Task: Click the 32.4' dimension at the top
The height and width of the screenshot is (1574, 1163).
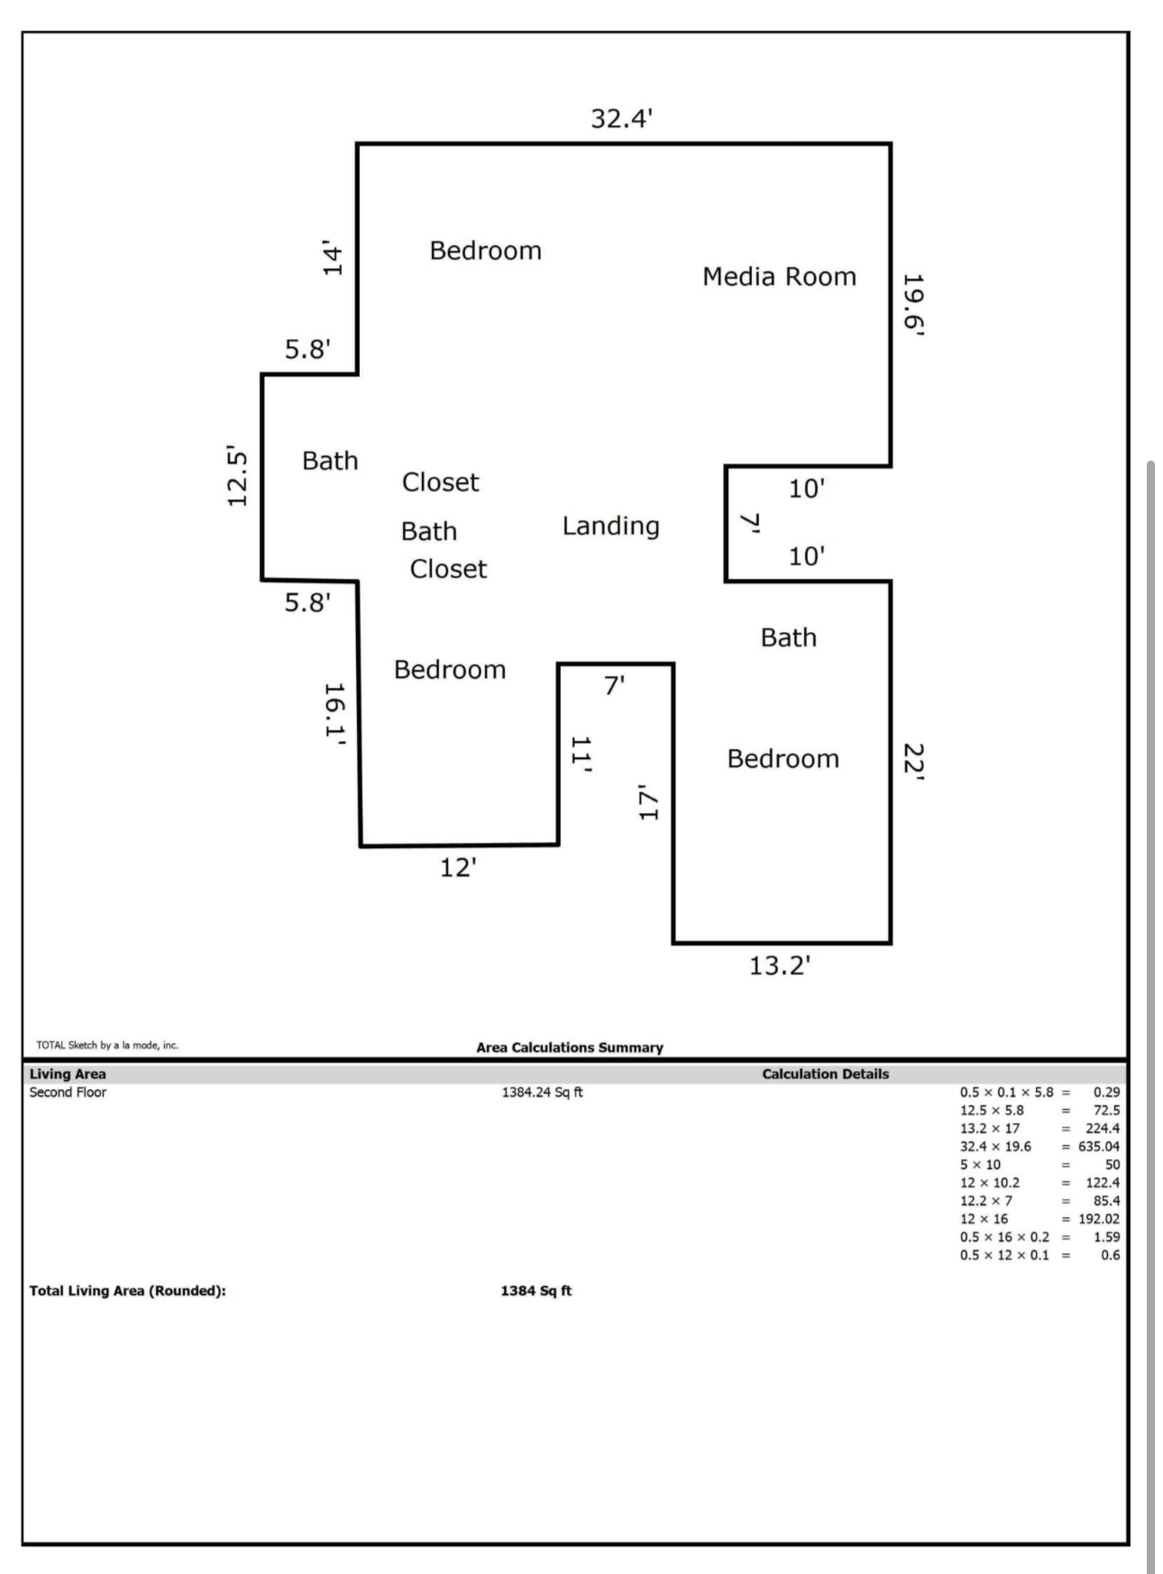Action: (621, 118)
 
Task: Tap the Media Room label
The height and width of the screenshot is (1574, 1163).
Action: (779, 277)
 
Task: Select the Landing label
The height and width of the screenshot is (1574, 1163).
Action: (610, 526)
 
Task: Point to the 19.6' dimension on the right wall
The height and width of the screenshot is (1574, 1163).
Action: (914, 305)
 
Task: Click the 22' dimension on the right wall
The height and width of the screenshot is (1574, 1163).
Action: (913, 762)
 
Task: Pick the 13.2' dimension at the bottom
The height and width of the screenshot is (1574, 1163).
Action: (780, 965)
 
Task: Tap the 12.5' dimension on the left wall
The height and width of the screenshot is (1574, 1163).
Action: (237, 476)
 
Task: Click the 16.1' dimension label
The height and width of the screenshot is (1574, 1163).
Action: (334, 711)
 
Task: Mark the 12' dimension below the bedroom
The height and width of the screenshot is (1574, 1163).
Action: (458, 867)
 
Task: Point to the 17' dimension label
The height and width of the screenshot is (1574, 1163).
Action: (648, 802)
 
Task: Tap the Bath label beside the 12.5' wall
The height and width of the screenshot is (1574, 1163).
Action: (330, 461)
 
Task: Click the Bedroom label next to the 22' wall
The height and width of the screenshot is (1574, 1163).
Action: (783, 759)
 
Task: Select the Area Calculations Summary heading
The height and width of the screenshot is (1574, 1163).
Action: (569, 1048)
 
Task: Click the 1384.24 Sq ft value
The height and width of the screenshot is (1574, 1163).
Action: (542, 1093)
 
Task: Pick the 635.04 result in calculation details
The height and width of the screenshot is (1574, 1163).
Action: (1099, 1147)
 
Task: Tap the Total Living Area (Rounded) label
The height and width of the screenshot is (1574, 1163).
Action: (127, 1291)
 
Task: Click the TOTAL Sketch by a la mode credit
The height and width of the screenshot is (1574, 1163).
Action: (107, 1046)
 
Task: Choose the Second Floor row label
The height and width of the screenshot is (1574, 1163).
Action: (68, 1093)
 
